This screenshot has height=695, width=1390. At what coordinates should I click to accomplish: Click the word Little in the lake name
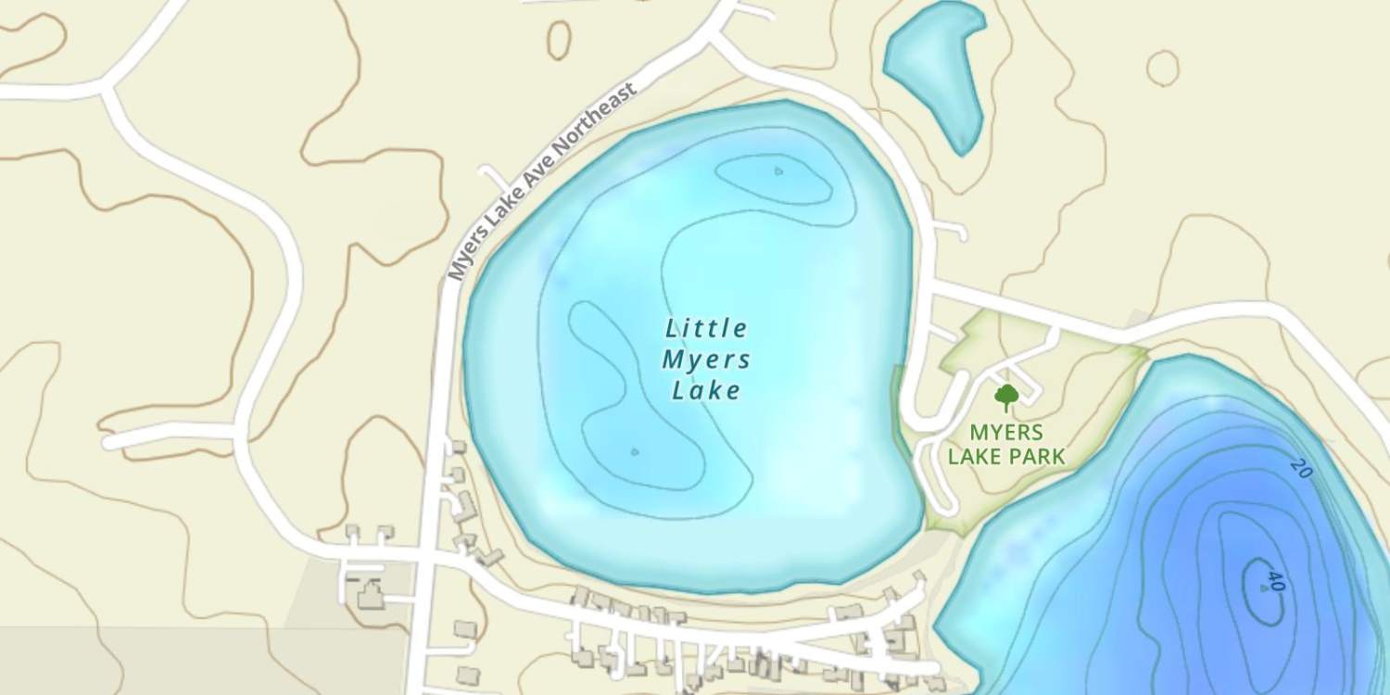[x=706, y=328]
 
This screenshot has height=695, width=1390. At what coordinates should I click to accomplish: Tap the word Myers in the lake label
[x=706, y=360]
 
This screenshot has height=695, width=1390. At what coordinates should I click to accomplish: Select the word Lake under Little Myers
[x=706, y=390]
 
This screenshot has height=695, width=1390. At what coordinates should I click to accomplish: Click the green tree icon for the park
[x=1006, y=398]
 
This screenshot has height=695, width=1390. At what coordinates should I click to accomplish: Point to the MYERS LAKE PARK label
[x=1006, y=444]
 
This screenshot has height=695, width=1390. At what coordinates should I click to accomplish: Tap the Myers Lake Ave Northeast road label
[x=542, y=182]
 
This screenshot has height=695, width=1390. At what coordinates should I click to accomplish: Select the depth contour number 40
[x=1276, y=581]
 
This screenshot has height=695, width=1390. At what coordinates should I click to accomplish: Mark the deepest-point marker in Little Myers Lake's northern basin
[x=777, y=171]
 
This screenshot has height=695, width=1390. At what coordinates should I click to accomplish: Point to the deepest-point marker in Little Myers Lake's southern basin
[x=634, y=452]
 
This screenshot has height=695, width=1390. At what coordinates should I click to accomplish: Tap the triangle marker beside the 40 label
[x=1264, y=588]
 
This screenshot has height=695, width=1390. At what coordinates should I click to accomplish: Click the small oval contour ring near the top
[x=559, y=40]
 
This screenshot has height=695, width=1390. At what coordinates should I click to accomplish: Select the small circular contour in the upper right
[x=1162, y=68]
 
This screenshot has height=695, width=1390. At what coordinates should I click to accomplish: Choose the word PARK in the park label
[x=1038, y=456]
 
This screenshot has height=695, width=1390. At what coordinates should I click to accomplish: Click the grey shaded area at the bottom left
[x=185, y=660]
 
